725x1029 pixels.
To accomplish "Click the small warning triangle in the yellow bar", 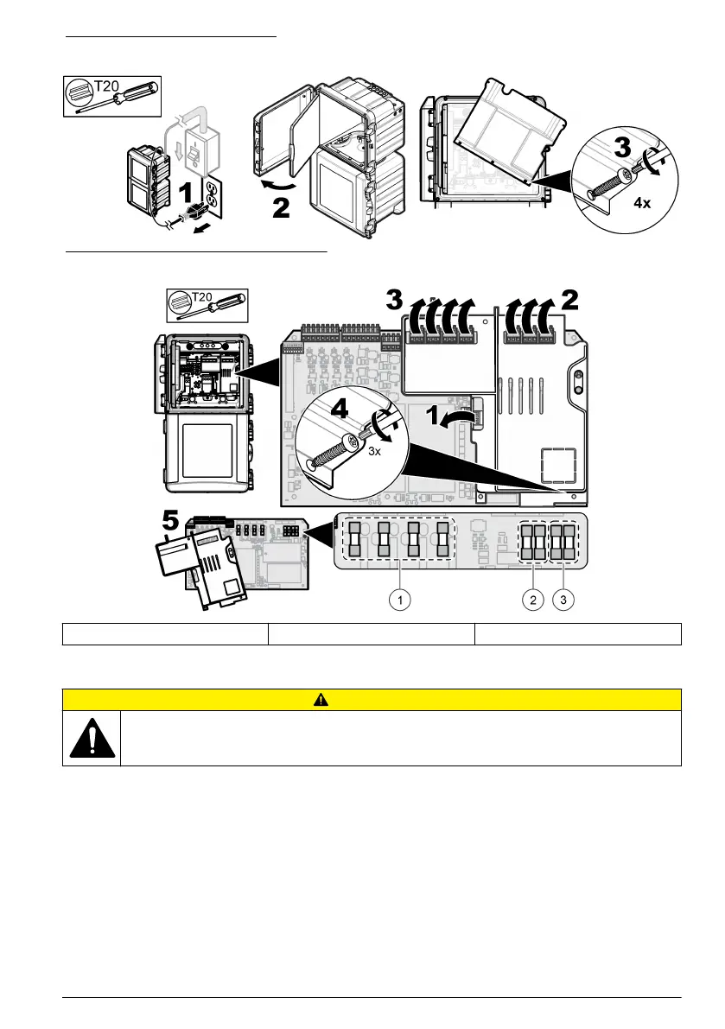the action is pyautogui.click(x=372, y=699).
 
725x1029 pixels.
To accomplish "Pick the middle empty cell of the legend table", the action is pyautogui.click(x=372, y=634).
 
